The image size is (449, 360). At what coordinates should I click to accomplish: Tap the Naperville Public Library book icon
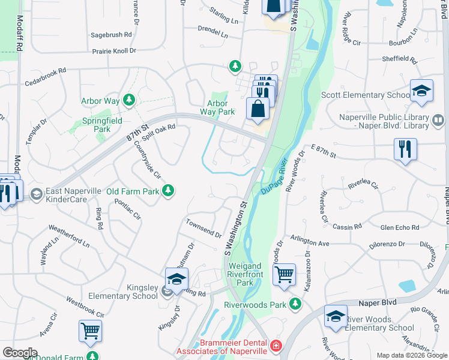pyautogui.click(x=438, y=121)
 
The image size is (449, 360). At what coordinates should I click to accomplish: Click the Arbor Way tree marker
pyautogui.click(x=128, y=100)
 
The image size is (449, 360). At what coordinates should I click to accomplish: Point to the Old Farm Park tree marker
pyautogui.click(x=169, y=190)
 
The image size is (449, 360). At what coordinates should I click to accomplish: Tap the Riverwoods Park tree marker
pyautogui.click(x=295, y=304)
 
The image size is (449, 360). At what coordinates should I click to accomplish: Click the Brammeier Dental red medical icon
pyautogui.click(x=276, y=346)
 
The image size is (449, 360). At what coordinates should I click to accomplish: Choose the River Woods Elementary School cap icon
pyautogui.click(x=336, y=317)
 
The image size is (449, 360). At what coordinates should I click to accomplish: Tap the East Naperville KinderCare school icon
pyautogui.click(x=37, y=193)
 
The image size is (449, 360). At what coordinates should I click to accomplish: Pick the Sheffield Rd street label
pyautogui.click(x=400, y=59)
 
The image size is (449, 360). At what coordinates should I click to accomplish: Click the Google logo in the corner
pyautogui.click(x=19, y=353)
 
